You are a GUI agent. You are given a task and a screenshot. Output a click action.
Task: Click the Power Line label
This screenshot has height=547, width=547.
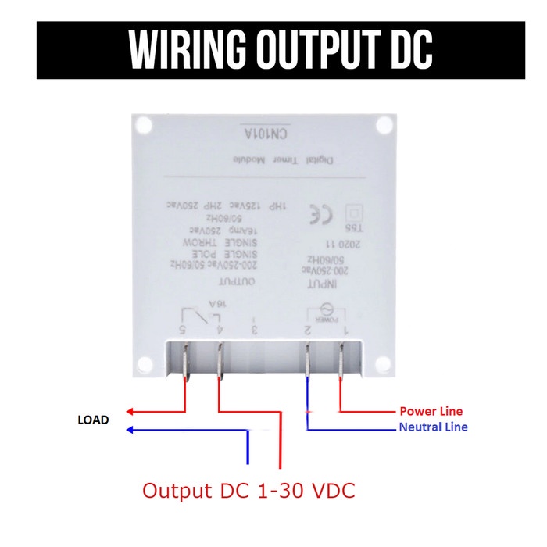[431, 411]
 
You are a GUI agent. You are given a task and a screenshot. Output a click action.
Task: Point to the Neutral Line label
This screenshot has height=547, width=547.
[433, 427]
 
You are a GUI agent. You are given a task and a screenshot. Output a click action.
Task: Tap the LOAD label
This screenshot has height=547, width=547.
[93, 420]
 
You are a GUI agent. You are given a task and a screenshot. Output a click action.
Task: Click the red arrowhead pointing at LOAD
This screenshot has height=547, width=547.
[132, 412]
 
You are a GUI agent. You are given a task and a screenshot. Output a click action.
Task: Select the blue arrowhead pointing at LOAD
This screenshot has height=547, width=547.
[132, 429]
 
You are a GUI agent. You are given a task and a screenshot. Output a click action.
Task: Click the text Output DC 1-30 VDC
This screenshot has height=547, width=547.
[248, 492]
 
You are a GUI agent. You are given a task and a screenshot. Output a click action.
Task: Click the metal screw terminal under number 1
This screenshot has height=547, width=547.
[341, 363]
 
